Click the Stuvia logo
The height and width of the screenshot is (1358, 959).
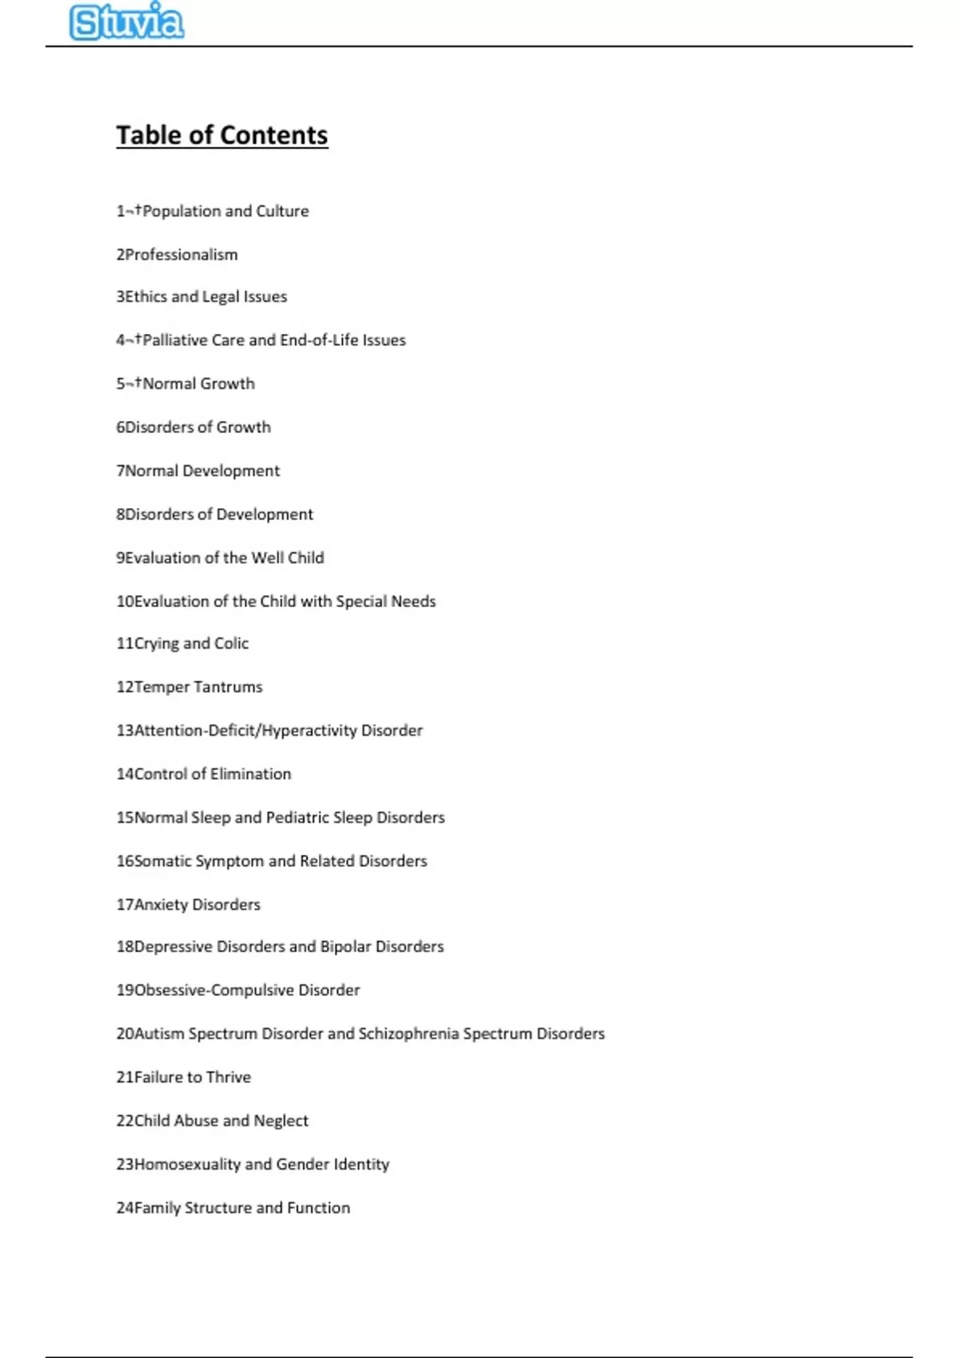tap(126, 22)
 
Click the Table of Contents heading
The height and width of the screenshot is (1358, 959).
tap(222, 135)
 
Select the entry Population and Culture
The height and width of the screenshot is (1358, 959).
tap(213, 211)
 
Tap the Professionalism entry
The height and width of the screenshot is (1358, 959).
tap(177, 255)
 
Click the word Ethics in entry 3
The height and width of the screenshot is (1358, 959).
tap(146, 296)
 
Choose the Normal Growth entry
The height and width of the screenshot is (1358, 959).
tap(185, 383)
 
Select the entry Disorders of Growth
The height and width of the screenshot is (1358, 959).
tap(193, 427)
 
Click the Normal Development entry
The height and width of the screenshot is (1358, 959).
tap(198, 471)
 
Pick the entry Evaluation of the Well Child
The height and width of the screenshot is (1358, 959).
tap(220, 558)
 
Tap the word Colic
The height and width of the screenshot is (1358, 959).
tap(231, 643)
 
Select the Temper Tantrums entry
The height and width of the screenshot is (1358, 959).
tap(189, 687)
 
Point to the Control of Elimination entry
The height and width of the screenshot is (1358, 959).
tap(204, 773)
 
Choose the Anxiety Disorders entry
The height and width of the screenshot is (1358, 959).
tap(189, 904)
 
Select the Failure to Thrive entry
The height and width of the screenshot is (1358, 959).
tap(184, 1077)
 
